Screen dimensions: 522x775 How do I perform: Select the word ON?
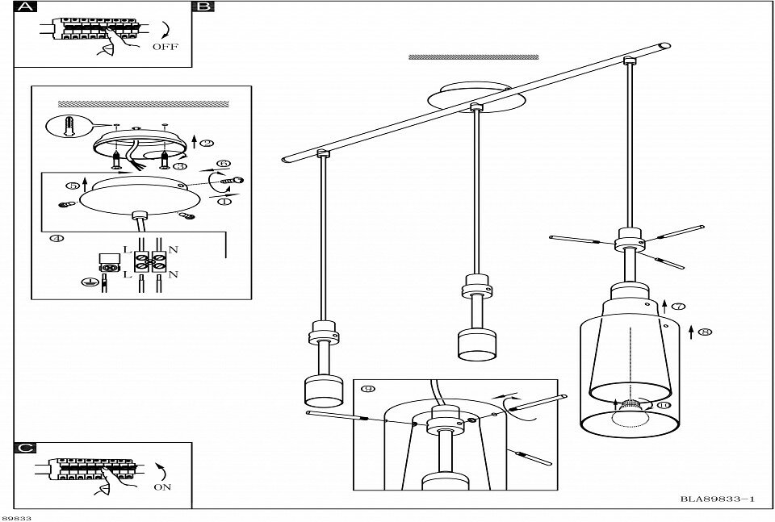pos(162,487)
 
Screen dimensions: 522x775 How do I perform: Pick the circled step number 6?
pos(224,164)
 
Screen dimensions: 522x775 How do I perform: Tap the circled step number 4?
pos(56,239)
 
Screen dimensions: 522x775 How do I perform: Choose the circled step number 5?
pos(73,186)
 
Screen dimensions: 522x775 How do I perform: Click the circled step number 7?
pos(678,307)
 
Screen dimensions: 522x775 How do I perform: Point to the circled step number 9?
pos(369,389)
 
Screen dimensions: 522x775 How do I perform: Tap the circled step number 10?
pos(664,405)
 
